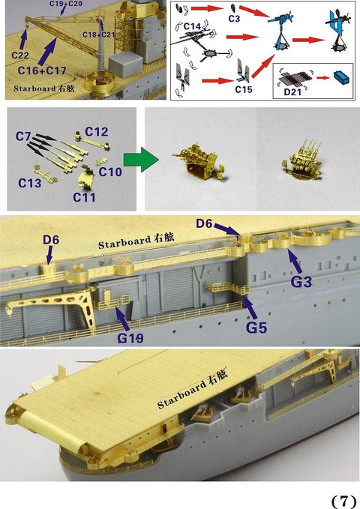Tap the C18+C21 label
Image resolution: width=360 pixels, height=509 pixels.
point(99,35)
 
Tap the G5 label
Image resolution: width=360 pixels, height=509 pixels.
point(257,328)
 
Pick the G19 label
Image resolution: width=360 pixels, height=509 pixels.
point(130,338)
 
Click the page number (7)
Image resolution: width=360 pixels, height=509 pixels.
point(343,500)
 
